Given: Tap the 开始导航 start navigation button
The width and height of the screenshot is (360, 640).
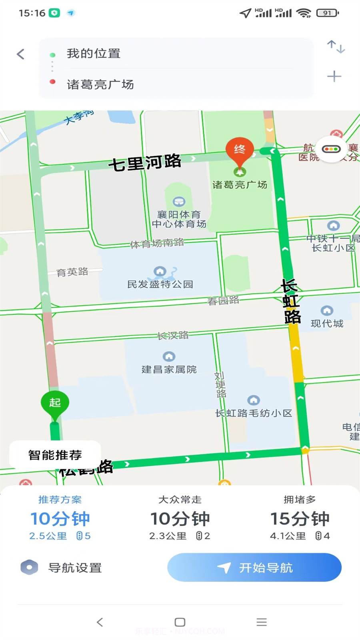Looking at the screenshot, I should pyautogui.click(x=254, y=567).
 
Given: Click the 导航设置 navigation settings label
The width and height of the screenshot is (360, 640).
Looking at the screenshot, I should pyautogui.click(x=75, y=568).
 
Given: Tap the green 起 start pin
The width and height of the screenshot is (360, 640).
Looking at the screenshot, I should pyautogui.click(x=55, y=403).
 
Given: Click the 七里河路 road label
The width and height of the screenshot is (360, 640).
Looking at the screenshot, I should pyautogui.click(x=145, y=162).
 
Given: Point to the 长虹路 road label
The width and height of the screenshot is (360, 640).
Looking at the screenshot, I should pyautogui.click(x=291, y=301).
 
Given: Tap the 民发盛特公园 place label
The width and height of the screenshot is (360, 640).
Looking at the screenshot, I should pyautogui.click(x=160, y=284).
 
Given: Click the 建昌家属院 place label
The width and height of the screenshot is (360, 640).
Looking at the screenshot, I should pyautogui.click(x=169, y=369).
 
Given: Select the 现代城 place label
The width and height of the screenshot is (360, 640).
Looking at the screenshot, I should pyautogui.click(x=327, y=323).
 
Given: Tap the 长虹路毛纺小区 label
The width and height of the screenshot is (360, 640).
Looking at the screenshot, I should pyautogui.click(x=254, y=413).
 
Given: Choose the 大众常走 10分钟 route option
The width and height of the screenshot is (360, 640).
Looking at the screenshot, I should pyautogui.click(x=180, y=519).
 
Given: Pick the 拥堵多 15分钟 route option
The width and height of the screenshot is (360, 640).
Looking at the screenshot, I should pyautogui.click(x=300, y=519).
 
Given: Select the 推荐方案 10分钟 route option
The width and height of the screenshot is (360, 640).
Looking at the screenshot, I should pyautogui.click(x=60, y=519).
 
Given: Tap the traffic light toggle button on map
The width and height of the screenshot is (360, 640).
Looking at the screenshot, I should pyautogui.click(x=331, y=149).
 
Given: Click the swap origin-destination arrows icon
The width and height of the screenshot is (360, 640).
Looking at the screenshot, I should pyautogui.click(x=336, y=47).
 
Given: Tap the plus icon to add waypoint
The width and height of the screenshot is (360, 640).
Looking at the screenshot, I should pyautogui.click(x=334, y=76).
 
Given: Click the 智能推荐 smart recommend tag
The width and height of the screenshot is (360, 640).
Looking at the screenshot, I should pyautogui.click(x=55, y=455).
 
